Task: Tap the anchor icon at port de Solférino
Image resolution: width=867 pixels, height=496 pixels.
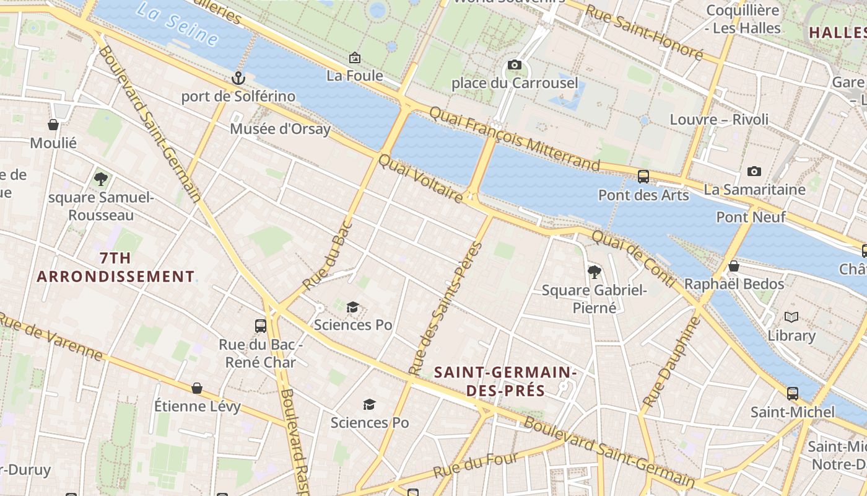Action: (x=238, y=78)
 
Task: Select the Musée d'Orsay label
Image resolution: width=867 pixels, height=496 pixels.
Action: (x=280, y=129)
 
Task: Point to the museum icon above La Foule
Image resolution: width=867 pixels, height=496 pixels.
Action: (x=355, y=58)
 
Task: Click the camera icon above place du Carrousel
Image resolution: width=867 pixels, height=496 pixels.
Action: (x=514, y=64)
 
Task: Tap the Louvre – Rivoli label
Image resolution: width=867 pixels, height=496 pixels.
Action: (x=719, y=119)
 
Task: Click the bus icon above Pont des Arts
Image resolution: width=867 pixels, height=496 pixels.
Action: (x=643, y=176)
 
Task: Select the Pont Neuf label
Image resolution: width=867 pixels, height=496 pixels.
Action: (x=751, y=217)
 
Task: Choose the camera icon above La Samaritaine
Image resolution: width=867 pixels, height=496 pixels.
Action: (x=754, y=171)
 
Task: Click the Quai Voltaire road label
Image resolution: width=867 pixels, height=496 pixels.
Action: (x=420, y=179)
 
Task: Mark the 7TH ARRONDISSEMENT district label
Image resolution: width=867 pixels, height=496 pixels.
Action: (x=116, y=267)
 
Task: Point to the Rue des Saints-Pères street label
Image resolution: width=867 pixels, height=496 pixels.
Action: (x=445, y=309)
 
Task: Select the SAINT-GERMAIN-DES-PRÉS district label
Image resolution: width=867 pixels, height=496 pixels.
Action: (x=505, y=381)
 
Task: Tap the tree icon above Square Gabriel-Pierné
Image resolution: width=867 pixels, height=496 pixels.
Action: (x=594, y=272)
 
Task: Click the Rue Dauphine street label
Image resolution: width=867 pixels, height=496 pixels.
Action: (x=671, y=362)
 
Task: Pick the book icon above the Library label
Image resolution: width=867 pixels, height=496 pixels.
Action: (x=791, y=317)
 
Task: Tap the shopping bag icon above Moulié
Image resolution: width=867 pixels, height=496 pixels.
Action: (x=53, y=125)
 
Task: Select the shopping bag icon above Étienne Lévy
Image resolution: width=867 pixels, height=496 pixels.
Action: (x=197, y=388)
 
